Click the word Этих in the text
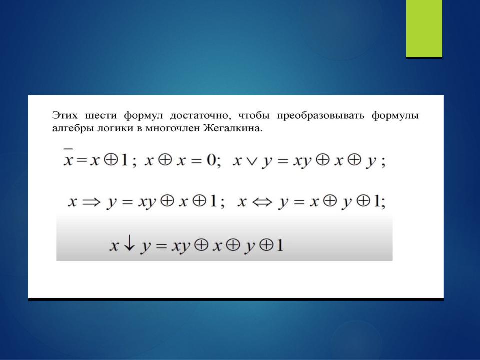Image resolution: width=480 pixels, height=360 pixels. [x=65, y=115]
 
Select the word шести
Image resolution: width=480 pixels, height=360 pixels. [x=101, y=115]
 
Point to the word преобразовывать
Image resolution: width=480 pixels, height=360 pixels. [x=320, y=116]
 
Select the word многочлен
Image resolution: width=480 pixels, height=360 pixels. [x=172, y=128]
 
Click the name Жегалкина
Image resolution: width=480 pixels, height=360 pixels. [x=233, y=128]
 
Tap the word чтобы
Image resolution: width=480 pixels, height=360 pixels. [x=254, y=116]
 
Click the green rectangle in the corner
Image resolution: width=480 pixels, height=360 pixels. [x=424, y=29]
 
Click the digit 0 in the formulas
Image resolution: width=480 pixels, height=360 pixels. [x=211, y=160]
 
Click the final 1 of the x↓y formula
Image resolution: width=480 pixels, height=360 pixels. [x=280, y=245]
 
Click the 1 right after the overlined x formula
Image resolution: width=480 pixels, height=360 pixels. [x=124, y=160]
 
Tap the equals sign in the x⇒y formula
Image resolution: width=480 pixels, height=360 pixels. [x=127, y=202]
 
